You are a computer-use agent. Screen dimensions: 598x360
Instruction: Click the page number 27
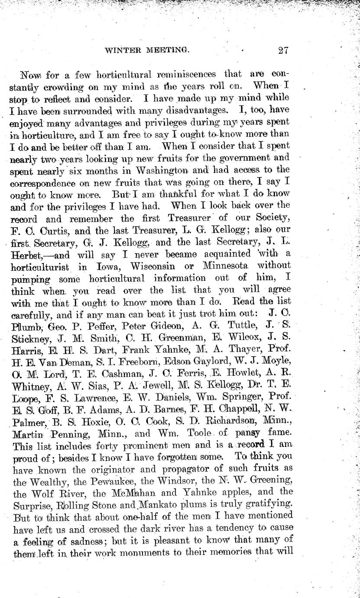(283, 50)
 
